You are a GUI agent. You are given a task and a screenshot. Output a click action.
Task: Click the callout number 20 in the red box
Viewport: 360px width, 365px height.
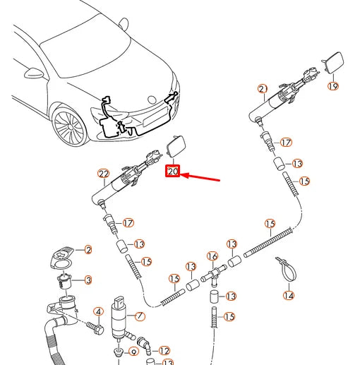point(173,171)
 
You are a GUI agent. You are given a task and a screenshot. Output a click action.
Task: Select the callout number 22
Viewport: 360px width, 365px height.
point(104,174)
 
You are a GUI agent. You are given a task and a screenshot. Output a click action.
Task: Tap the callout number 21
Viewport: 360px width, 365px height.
point(263,89)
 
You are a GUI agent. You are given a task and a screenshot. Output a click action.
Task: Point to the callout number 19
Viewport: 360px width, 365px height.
point(333,86)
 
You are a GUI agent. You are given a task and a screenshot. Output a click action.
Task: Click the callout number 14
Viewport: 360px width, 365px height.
point(289,295)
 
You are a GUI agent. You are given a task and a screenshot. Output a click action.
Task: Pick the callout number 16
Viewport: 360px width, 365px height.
point(212,256)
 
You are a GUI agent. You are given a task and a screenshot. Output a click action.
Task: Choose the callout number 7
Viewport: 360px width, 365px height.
point(140,316)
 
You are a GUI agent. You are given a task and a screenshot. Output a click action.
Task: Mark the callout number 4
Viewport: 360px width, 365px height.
point(99,312)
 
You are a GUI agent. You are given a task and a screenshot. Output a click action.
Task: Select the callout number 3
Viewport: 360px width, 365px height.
point(88,280)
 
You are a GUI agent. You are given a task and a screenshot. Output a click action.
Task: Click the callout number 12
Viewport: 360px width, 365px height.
point(164,351)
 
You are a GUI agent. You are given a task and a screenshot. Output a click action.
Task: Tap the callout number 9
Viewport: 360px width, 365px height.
point(133,352)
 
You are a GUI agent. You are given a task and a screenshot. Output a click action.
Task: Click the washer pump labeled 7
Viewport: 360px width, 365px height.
point(120,318)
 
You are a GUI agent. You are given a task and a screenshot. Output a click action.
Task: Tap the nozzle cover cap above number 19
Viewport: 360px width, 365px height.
point(333,62)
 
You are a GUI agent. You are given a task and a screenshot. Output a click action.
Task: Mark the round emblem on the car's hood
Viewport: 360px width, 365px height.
point(152,100)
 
